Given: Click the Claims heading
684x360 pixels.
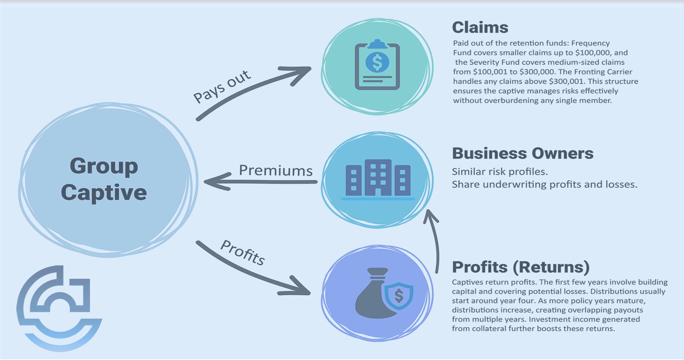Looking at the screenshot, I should [480, 27].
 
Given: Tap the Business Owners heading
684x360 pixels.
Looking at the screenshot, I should [522, 153].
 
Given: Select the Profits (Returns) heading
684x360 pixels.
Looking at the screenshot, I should [521, 267].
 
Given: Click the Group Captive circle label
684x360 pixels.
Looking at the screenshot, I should [104, 179].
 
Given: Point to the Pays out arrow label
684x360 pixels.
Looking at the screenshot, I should [222, 86].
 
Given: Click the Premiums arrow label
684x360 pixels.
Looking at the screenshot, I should [276, 170].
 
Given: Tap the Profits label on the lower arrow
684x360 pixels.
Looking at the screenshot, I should [243, 252].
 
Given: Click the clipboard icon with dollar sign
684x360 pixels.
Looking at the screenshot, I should [377, 65].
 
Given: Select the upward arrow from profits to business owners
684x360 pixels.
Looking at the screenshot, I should [435, 241].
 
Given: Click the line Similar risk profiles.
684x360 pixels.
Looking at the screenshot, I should [500, 172].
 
